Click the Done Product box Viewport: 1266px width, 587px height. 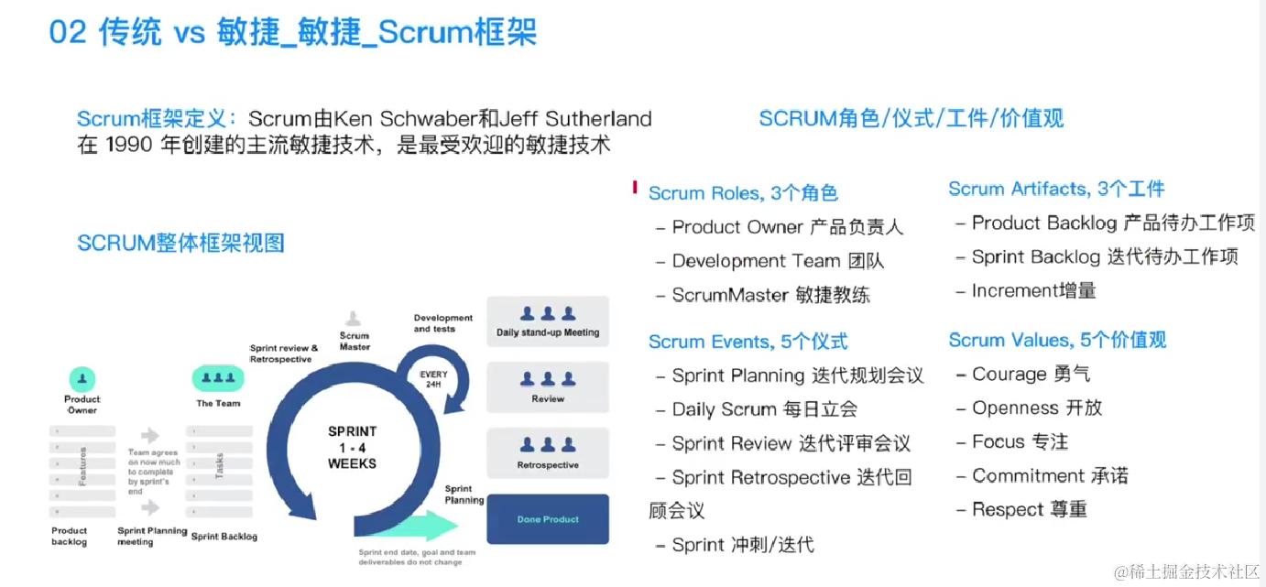coord(548,519)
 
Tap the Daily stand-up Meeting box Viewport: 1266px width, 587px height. coord(548,321)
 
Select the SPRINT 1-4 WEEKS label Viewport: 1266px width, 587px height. coord(352,447)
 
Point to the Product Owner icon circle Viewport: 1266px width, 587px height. coord(82,378)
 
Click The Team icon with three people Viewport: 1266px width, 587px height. coord(218,378)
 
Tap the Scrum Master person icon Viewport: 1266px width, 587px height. coord(354,319)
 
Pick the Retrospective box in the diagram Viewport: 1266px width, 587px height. coord(548,453)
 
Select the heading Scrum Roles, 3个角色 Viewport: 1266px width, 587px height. coord(743,193)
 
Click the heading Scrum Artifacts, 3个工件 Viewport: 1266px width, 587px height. coord(1056,189)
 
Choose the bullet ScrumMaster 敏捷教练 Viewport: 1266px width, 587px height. coord(770,295)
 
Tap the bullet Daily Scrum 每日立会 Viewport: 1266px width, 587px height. coord(764,409)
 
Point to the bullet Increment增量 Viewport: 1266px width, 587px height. coord(1033,291)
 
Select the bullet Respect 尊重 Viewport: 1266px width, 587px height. coord(1029,509)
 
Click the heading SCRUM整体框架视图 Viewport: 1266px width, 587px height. coord(180,243)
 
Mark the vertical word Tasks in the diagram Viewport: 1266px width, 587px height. coord(219,466)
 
